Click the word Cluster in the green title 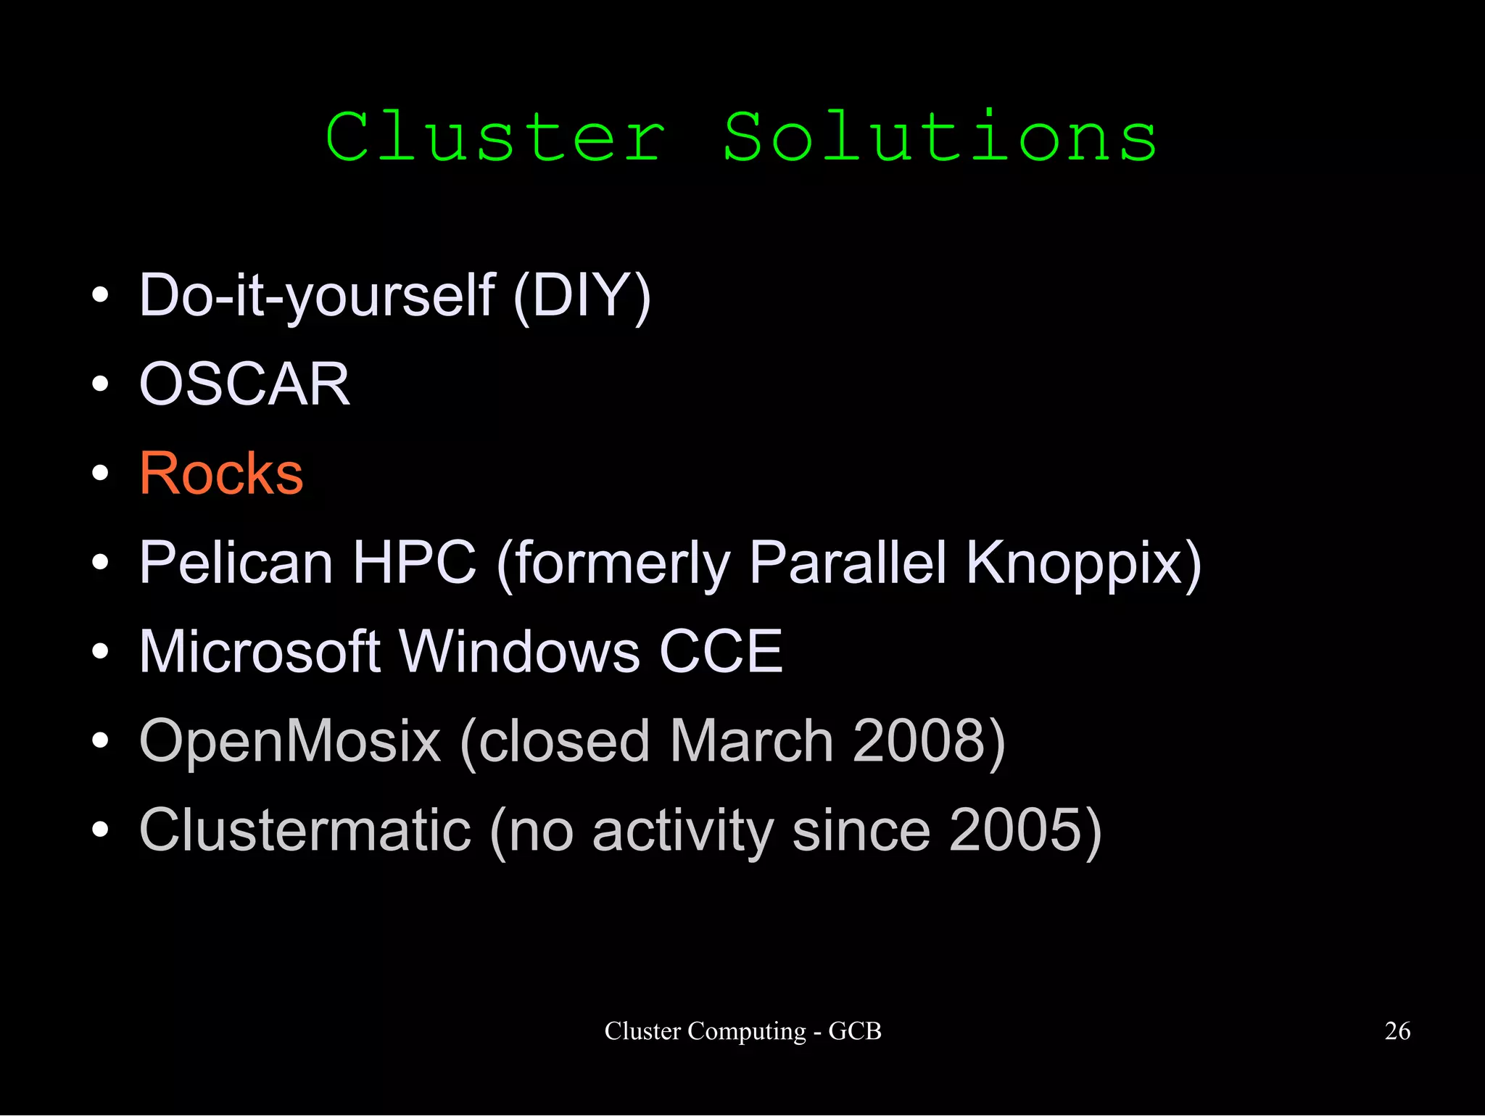(495, 137)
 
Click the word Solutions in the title (940, 137)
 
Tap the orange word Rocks (221, 474)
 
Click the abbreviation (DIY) (582, 296)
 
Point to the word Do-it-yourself (317, 296)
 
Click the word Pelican (236, 562)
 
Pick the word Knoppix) (1083, 562)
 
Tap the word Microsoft (260, 651)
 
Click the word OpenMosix (290, 740)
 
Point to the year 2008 (919, 740)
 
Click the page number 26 (1397, 1030)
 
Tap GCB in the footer (855, 1030)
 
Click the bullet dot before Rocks (101, 474)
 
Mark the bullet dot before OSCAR (101, 384)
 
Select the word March (751, 740)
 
